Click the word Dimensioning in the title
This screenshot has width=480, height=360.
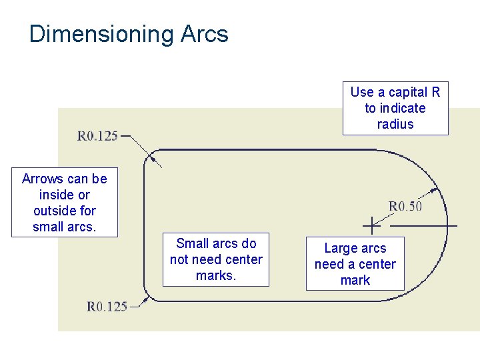click(x=101, y=34)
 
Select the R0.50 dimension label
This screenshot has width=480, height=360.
click(x=405, y=206)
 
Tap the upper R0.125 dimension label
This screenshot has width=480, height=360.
click(x=97, y=136)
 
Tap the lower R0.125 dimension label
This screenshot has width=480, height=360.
click(x=107, y=307)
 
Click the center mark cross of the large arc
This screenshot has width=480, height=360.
click(x=371, y=226)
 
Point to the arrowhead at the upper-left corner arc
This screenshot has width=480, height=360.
click(x=154, y=159)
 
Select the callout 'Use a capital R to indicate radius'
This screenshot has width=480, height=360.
click(x=395, y=108)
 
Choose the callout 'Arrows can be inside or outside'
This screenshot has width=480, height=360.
click(x=65, y=203)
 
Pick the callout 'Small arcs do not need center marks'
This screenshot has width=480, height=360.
click(x=216, y=259)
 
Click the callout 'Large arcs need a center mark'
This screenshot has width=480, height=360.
click(x=355, y=264)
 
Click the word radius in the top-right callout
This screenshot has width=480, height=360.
click(x=395, y=124)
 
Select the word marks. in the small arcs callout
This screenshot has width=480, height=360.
click(x=216, y=275)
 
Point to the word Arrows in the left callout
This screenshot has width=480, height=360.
click(x=42, y=179)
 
